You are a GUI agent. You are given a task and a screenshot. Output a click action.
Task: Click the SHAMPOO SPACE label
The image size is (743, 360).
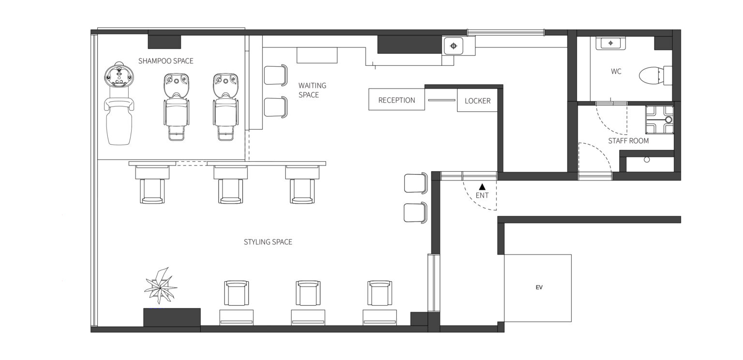click(165, 61)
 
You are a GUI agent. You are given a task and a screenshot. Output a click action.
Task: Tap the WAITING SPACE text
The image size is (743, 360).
click(312, 90)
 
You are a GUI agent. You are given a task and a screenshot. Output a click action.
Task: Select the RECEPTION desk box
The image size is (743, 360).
click(396, 99)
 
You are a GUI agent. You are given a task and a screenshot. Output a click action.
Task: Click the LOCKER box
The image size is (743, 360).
click(477, 100)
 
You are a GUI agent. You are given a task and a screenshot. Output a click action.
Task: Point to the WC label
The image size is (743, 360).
click(616, 71)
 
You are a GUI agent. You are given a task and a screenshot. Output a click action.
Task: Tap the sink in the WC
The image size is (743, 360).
click(610, 43)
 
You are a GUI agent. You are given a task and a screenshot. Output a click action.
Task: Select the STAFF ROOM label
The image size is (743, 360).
click(628, 141)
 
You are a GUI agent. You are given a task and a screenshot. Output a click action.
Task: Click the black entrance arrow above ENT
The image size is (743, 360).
click(482, 187)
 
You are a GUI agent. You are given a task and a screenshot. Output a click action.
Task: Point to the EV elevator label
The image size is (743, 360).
click(539, 287)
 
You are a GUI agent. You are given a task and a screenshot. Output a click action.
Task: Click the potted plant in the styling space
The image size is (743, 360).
click(161, 286)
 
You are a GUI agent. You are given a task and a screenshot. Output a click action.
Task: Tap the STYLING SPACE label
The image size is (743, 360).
click(267, 242)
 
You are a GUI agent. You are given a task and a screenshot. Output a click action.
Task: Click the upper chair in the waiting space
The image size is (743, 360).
click(276, 75)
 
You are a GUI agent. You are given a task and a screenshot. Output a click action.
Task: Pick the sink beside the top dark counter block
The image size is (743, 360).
click(453, 46)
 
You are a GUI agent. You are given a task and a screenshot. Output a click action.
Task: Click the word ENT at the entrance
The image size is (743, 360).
click(482, 195)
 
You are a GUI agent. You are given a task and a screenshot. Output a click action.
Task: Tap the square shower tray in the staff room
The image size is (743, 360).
click(659, 120)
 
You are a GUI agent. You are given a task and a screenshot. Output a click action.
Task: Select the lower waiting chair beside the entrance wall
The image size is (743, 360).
click(416, 213)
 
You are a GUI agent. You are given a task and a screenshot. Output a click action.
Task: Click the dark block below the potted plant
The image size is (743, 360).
click(172, 317)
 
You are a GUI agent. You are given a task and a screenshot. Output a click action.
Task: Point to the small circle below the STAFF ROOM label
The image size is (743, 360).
click(646, 160)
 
